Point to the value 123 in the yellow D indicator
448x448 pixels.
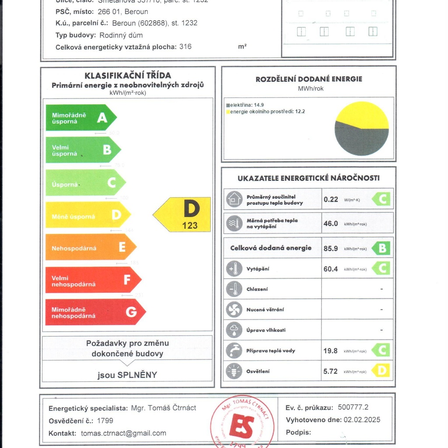(190, 226)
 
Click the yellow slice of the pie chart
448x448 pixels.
(362, 115)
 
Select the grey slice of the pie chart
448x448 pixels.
(360, 141)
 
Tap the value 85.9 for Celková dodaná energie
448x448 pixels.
(331, 248)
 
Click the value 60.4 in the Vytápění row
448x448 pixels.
(331, 269)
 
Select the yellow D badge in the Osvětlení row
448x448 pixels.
(381, 371)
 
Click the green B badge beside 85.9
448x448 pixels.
(381, 248)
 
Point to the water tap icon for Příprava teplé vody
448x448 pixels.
(234, 350)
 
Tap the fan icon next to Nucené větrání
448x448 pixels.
(234, 310)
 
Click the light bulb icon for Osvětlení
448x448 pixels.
(234, 371)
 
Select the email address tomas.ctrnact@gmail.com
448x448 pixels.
(123, 433)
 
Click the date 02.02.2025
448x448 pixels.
(362, 420)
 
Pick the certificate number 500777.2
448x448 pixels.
(353, 407)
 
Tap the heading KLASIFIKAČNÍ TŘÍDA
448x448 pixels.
(128, 76)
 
